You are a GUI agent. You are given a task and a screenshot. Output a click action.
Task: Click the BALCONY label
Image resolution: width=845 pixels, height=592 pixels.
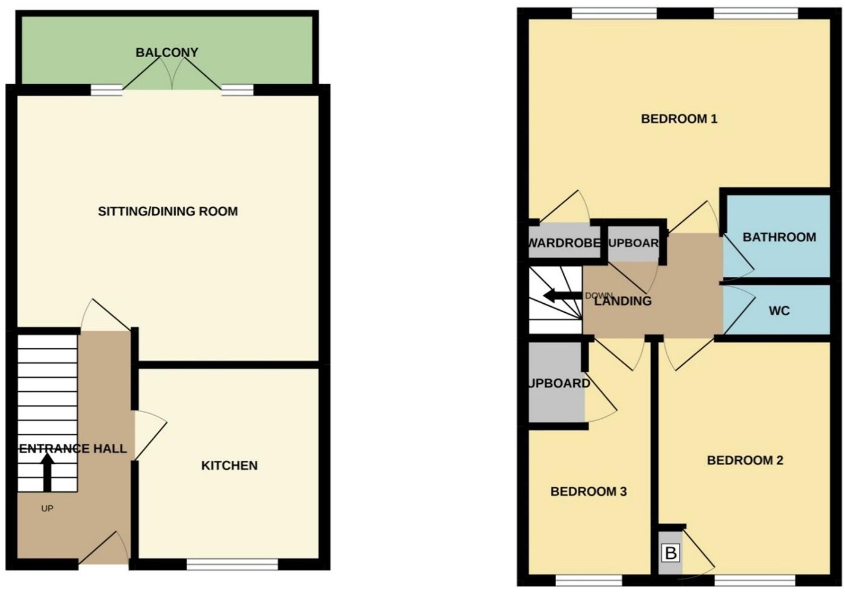(x=167, y=52)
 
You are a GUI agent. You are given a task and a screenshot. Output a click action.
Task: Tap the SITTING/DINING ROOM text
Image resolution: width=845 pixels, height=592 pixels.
(x=168, y=211)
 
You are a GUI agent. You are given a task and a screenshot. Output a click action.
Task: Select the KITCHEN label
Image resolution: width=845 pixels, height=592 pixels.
(x=229, y=466)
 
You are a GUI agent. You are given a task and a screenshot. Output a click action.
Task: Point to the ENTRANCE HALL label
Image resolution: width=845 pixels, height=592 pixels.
(x=73, y=449)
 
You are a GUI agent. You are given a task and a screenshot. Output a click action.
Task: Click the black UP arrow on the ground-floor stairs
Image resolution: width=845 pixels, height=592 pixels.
(x=48, y=472)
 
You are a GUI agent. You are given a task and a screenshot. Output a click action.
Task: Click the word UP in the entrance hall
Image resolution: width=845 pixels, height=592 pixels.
(x=47, y=508)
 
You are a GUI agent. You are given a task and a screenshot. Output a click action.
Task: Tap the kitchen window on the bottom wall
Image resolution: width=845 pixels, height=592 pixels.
(x=232, y=564)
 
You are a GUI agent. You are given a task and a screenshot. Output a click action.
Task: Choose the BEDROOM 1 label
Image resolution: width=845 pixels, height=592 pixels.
(x=679, y=119)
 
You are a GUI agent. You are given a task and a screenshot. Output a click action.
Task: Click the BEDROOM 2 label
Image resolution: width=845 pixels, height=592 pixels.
(x=744, y=460)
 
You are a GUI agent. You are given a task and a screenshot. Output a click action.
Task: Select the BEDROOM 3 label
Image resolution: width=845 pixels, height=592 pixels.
(x=589, y=492)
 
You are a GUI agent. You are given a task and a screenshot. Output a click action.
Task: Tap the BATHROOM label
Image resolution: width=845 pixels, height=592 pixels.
(x=779, y=237)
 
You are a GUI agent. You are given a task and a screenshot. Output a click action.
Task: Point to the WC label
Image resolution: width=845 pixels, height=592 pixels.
(x=779, y=311)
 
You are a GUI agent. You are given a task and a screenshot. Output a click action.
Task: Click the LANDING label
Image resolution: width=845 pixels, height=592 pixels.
(x=623, y=301)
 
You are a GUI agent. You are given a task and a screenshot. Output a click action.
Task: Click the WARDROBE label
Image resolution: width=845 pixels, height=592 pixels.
(x=565, y=243)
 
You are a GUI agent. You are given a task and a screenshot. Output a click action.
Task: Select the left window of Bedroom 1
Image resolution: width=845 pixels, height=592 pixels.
(x=614, y=13)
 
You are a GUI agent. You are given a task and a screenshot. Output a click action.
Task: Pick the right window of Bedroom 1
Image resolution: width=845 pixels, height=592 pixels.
(x=756, y=13)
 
